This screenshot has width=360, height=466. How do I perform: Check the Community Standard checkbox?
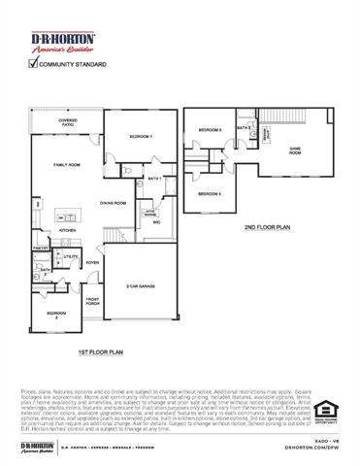pos(33,64)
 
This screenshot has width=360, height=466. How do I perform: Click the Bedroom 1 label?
pos(142,138)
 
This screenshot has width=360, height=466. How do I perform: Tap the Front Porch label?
pos(94,302)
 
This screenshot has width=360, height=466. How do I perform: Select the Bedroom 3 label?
pos(211,129)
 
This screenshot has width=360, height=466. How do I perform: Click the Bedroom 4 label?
pos(210,194)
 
